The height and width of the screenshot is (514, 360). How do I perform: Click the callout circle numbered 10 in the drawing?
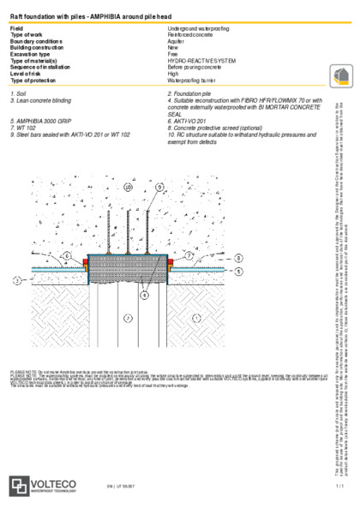128,186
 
